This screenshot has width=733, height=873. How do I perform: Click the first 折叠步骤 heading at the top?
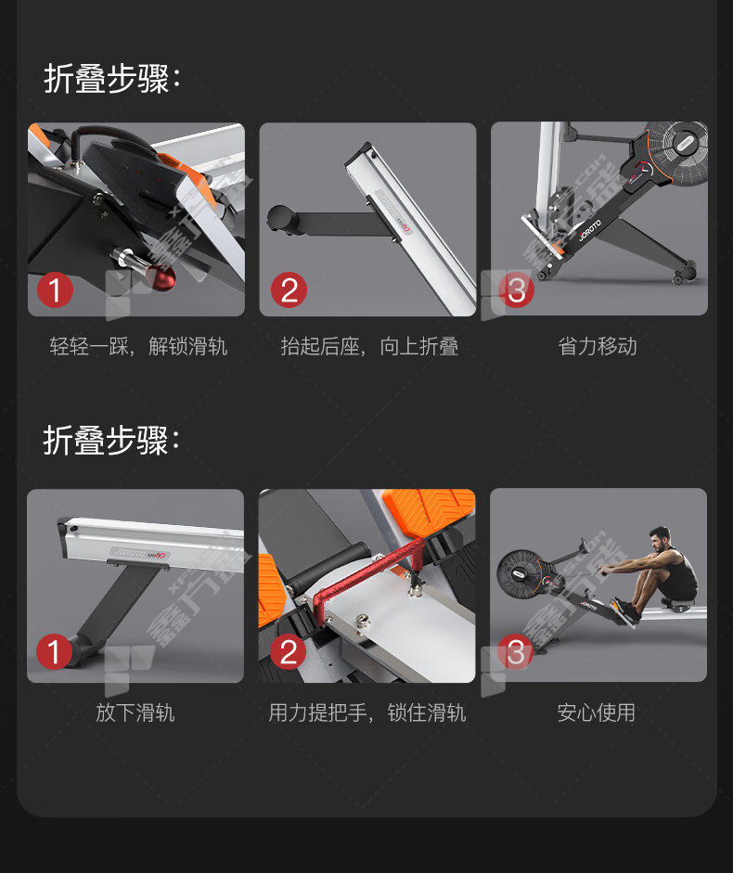112,79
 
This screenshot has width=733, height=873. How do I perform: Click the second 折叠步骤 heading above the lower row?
111,441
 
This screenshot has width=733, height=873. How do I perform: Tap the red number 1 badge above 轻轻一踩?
55,289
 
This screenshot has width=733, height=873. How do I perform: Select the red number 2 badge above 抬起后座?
289,289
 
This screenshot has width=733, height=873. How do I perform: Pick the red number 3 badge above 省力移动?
516,289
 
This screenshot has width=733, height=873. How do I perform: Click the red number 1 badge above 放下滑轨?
54,651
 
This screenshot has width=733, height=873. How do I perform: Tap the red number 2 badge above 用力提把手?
288,651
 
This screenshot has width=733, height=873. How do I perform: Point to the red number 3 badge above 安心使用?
515,651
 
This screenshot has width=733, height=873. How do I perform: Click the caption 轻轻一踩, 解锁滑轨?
138,346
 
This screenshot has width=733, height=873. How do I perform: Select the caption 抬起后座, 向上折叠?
370,346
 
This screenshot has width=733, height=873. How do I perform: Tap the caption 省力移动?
598,346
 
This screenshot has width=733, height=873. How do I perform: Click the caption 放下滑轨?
135,713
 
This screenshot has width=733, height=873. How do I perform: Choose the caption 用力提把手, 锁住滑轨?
367,713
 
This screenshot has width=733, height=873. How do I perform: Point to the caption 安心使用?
596,713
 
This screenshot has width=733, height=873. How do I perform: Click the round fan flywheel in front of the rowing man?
521,574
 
